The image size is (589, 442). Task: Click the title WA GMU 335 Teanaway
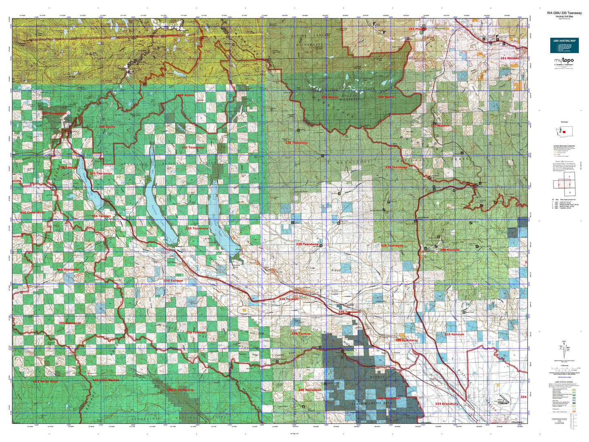pyautogui.click(x=565, y=13)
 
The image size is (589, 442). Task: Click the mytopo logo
pyautogui.click(x=564, y=61)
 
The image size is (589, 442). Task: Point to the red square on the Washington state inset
pyautogui.click(x=564, y=132)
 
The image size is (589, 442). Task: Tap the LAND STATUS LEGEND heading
pyautogui.click(x=564, y=382)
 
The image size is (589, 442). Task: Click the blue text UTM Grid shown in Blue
pyautogui.click(x=564, y=378)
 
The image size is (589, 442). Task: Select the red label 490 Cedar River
pyautogui.click(x=33, y=213)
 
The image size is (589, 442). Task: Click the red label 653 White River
pyautogui.click(x=45, y=382)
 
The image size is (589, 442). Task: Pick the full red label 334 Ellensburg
pyautogui.click(x=446, y=404)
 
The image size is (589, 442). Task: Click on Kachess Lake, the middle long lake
pyautogui.click(x=161, y=204)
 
